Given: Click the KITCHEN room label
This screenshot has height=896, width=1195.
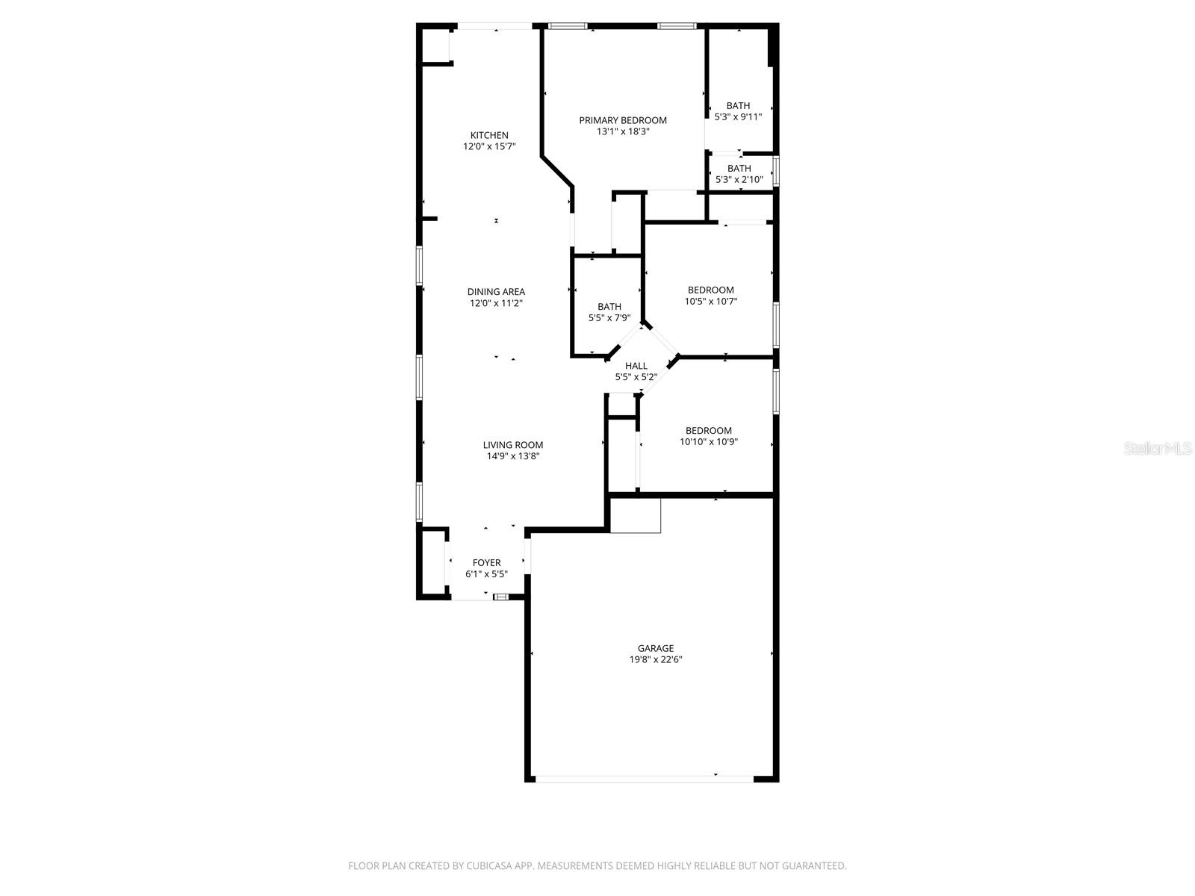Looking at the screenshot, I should [x=489, y=135].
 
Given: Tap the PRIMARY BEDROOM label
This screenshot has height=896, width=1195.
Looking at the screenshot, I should [x=623, y=120].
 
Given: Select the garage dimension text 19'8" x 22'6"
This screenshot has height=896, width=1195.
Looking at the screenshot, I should [x=656, y=659].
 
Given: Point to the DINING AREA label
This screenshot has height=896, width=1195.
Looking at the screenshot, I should [x=496, y=292].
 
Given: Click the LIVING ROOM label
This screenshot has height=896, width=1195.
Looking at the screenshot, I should [x=512, y=445].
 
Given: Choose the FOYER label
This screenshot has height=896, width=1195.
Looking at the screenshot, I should [x=486, y=563].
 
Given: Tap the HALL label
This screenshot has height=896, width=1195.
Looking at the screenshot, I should [x=636, y=366].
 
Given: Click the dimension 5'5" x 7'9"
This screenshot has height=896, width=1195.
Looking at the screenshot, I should [x=609, y=317].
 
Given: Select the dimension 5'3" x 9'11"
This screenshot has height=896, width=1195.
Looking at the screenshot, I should [x=738, y=116].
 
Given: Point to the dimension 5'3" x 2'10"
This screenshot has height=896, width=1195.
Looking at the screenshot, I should [x=739, y=179].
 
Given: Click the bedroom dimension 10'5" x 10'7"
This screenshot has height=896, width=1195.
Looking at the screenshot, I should [x=710, y=301].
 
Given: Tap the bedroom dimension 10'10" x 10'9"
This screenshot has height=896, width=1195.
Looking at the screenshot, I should [x=709, y=441].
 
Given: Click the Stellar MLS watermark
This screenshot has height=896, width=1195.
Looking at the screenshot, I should [x=1158, y=449].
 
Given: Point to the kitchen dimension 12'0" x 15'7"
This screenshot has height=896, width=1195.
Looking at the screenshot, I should [x=489, y=146].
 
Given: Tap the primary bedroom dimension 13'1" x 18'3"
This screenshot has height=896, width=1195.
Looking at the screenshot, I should [x=623, y=131].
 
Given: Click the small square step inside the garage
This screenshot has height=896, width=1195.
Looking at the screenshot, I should [x=636, y=516].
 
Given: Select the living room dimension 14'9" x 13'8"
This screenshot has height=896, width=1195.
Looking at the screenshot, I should [x=512, y=455].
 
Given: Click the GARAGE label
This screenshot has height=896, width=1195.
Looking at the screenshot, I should [x=656, y=648].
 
